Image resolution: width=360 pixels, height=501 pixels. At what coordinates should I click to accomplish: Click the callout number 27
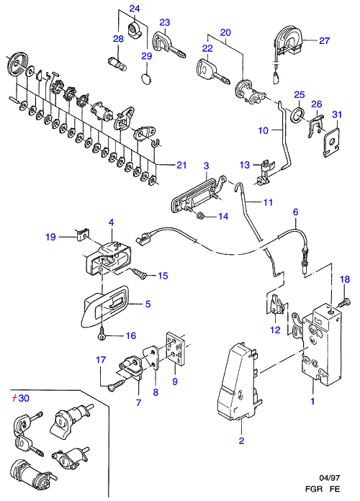(x=324, y=40)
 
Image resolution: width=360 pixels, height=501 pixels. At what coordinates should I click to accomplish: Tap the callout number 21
(x=181, y=165)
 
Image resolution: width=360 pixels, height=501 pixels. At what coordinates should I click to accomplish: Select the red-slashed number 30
(x=20, y=398)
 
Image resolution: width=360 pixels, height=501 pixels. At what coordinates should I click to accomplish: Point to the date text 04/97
(x=330, y=478)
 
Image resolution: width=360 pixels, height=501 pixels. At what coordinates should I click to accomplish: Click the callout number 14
(x=223, y=217)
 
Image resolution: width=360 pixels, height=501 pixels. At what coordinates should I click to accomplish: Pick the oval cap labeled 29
(x=147, y=78)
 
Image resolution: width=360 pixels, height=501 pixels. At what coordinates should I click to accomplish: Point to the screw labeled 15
(x=140, y=273)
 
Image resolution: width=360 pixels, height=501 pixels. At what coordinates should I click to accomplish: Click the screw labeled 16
(x=102, y=335)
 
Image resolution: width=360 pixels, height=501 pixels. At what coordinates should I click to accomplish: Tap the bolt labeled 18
(x=346, y=302)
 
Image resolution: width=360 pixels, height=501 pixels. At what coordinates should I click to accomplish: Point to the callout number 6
(x=295, y=212)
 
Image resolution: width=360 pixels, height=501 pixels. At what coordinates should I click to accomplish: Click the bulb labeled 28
(x=118, y=63)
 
